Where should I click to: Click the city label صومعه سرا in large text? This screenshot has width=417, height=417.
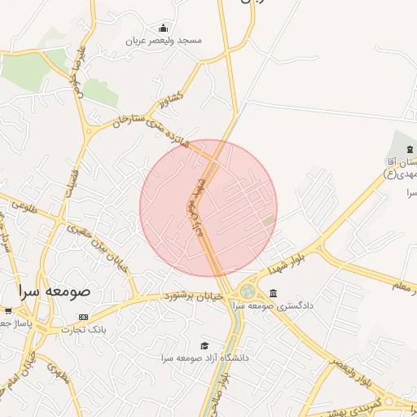click(x=55, y=290)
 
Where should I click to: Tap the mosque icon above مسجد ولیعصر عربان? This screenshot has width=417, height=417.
click(x=164, y=28)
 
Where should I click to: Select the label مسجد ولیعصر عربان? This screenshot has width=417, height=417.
click(x=164, y=40)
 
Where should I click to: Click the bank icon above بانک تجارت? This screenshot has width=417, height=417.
click(x=83, y=317)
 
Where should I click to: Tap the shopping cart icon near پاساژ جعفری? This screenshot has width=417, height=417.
click(x=7, y=310)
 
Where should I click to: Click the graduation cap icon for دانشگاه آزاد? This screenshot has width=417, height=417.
click(x=204, y=345)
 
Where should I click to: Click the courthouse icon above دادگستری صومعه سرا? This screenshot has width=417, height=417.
click(x=272, y=293)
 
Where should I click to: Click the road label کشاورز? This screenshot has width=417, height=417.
click(x=172, y=99)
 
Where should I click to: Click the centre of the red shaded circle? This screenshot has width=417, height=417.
click(x=208, y=208)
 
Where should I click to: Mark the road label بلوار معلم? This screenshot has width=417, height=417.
click(x=404, y=286)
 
